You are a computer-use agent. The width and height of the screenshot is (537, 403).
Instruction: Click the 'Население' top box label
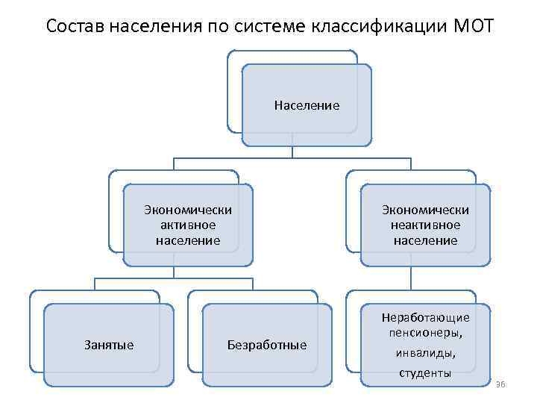point(307,106)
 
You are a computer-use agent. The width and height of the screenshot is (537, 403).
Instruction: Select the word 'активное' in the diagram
point(188,225)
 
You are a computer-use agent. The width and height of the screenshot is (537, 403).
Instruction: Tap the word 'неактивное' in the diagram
point(425,225)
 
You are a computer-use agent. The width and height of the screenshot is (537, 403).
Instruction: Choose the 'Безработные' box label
point(266,345)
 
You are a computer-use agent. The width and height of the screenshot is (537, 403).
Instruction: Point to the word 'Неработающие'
point(425,317)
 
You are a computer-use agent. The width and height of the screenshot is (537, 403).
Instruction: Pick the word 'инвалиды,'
point(425,353)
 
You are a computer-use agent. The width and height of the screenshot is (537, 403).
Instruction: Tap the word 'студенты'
point(425,372)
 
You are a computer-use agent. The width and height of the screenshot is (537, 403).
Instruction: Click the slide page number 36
point(500,384)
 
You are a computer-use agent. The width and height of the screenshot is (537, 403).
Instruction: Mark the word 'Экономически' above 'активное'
point(188,209)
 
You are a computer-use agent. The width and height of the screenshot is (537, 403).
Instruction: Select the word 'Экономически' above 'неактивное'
point(425,209)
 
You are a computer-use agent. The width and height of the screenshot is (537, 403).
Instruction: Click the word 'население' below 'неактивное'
point(425,240)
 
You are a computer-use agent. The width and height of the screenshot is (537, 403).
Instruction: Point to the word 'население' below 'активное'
point(188,240)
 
